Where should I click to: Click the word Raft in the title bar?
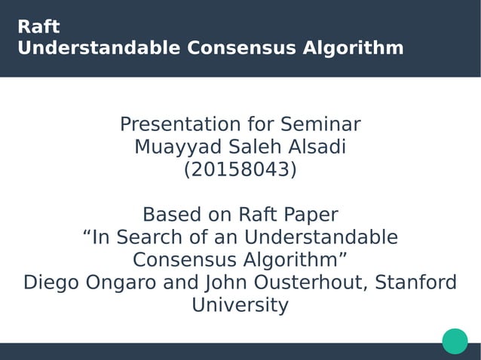38,27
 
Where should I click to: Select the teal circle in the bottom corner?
455,341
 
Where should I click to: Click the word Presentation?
182,124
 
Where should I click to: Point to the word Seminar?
320,124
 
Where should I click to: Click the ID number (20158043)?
240,170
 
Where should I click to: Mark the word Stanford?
416,282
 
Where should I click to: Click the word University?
240,305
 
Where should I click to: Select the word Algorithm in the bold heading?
353,48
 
